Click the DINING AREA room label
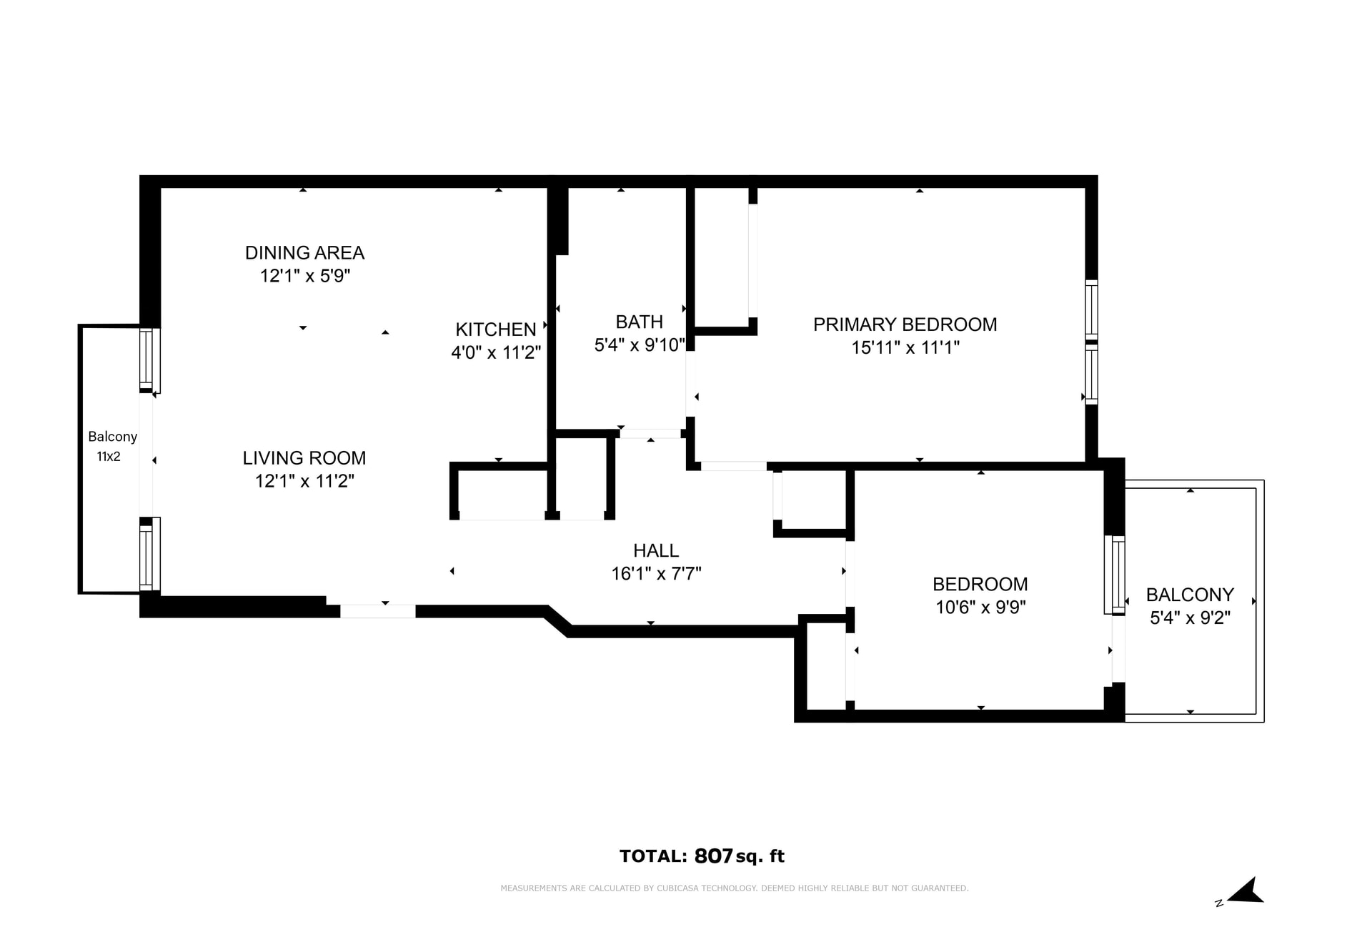(x=304, y=253)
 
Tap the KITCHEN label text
(x=495, y=329)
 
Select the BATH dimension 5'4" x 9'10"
(x=640, y=345)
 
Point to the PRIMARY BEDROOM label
(x=905, y=324)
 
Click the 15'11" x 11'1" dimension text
(x=905, y=348)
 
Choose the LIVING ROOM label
(x=304, y=458)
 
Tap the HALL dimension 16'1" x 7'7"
(x=656, y=574)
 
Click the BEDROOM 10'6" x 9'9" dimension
(x=980, y=608)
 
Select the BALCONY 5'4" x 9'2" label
(x=1190, y=606)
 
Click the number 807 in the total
(x=713, y=856)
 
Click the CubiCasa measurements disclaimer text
(x=734, y=888)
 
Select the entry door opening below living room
(x=377, y=612)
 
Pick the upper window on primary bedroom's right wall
(x=1091, y=309)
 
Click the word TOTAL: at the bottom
(x=653, y=856)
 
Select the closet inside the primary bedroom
(x=722, y=257)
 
